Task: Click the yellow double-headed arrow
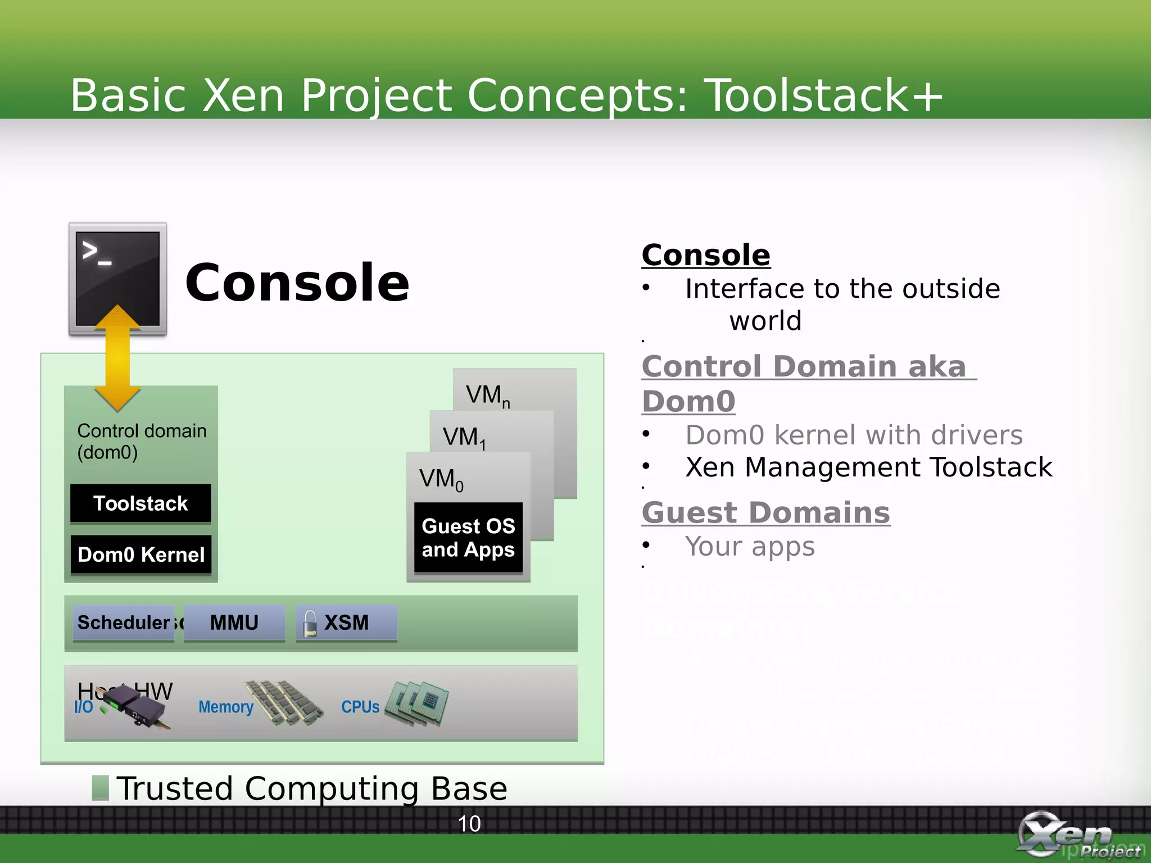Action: click(117, 360)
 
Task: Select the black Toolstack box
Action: click(141, 503)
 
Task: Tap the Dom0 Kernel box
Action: click(141, 555)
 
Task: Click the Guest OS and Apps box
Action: click(468, 538)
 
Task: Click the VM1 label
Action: click(464, 438)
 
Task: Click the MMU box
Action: click(234, 623)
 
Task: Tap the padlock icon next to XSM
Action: click(310, 624)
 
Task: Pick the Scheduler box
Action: click(124, 623)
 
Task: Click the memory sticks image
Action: click(284, 702)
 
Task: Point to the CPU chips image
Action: click(418, 703)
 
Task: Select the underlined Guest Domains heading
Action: click(765, 512)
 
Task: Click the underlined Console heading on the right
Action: click(706, 255)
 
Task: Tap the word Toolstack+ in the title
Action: click(823, 95)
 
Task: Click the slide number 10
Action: click(469, 824)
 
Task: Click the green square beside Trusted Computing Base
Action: click(100, 787)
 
